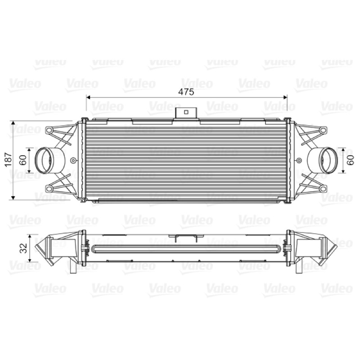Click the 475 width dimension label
[x=186, y=92]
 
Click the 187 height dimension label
[x=9, y=160]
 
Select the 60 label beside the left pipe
[x=23, y=160]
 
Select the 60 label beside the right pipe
[x=351, y=160]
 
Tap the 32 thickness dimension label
[x=23, y=248]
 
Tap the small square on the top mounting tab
[x=186, y=112]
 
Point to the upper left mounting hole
[x=49, y=130]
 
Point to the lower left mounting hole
[x=49, y=189]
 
